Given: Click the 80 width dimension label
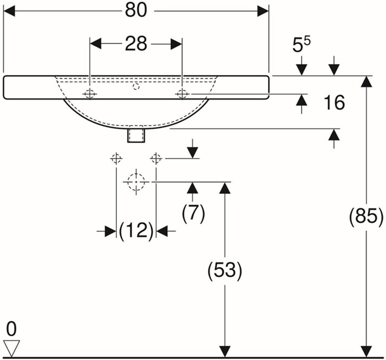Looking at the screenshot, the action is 136,11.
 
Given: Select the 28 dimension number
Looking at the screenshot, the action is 136,44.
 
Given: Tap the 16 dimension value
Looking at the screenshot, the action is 334,103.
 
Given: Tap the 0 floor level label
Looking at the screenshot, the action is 11,329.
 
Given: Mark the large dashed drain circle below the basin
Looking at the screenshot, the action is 136,182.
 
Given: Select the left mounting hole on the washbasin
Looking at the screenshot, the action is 90,94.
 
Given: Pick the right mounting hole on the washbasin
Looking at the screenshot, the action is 182,94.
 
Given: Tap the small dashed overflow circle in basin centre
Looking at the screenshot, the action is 136,86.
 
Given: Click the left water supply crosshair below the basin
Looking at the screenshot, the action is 116,158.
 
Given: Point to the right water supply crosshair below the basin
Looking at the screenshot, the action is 156,158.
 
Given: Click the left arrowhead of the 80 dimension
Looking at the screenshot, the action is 9,11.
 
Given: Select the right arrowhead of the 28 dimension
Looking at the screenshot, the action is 176,44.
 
